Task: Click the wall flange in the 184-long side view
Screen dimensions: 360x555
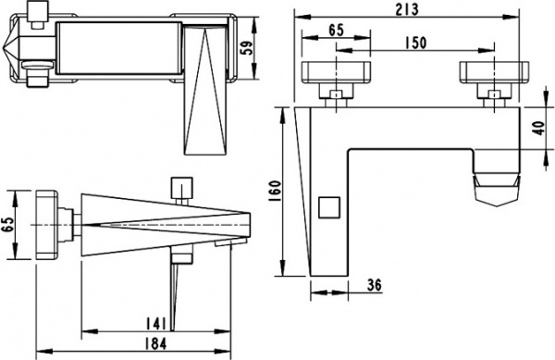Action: (x=46, y=225)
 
